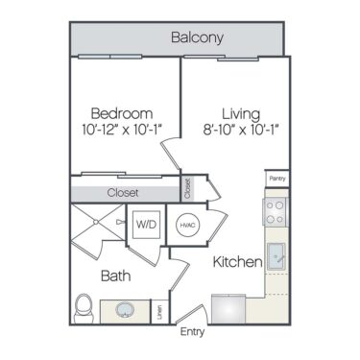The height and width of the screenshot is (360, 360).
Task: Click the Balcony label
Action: [197, 38]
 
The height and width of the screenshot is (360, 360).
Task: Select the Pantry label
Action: [276, 178]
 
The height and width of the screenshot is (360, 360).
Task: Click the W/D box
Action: [147, 225]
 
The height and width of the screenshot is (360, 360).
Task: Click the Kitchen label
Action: [232, 261]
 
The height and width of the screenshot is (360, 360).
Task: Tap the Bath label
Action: [115, 276]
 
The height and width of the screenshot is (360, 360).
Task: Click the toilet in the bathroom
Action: [84, 308]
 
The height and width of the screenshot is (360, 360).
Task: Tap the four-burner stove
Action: [276, 212]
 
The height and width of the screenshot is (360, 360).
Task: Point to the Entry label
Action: [193, 332]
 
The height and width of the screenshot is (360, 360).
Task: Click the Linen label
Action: [158, 311]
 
